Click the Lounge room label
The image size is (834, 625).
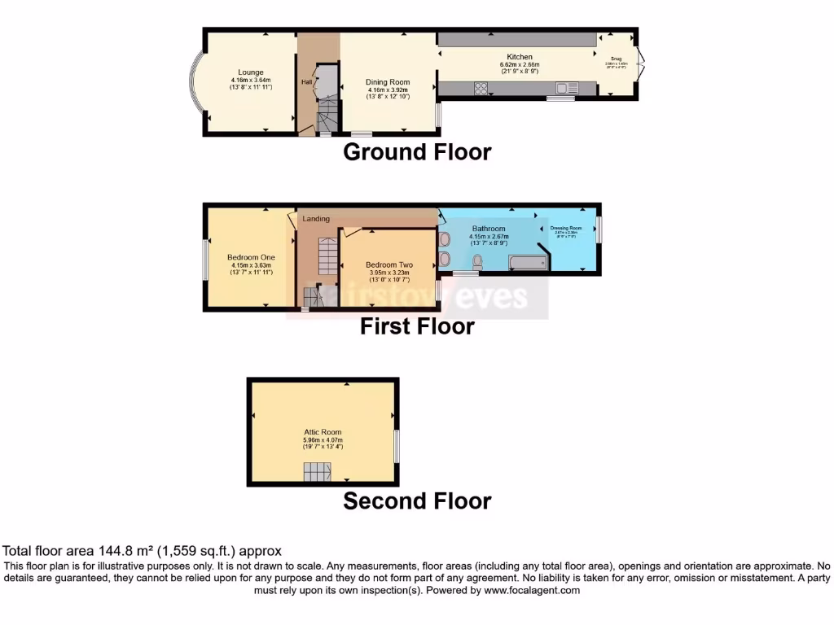[251, 72]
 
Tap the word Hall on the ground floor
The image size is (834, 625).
[306, 82]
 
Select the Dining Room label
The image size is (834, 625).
[388, 82]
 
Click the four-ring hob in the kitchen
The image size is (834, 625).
[481, 89]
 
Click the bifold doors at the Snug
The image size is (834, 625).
[641, 64]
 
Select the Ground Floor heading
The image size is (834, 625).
[417, 152]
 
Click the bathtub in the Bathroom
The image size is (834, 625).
[527, 262]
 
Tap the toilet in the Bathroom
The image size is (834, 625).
[477, 261]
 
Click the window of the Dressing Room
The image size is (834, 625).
[599, 228]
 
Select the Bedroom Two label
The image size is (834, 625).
[388, 265]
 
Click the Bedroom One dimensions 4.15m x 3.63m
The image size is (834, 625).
[251, 265]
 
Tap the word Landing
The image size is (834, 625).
[316, 219]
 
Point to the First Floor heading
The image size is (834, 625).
[417, 327]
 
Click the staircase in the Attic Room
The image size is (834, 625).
[318, 471]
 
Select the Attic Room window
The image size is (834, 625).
[397, 445]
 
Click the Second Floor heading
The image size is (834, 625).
[417, 501]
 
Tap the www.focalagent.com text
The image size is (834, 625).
[532, 591]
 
